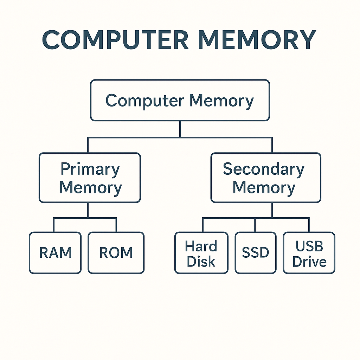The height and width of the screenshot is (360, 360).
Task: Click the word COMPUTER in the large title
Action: point(116,40)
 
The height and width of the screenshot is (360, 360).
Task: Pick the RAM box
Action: point(55,253)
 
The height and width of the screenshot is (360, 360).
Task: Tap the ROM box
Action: point(116,253)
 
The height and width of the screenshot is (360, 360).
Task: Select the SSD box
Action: point(255,253)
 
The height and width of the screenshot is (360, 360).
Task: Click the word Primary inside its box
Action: point(90,169)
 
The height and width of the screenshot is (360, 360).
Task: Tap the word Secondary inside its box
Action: point(263,169)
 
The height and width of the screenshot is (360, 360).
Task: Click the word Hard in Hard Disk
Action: point(201,246)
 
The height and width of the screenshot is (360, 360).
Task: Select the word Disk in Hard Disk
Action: point(201,262)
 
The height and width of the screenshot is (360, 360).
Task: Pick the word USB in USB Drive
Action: point(309,246)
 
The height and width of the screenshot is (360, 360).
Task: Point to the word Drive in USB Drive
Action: point(309,262)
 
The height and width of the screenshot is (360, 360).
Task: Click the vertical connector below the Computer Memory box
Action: point(180,129)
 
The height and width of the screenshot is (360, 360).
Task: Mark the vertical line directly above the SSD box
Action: point(255,225)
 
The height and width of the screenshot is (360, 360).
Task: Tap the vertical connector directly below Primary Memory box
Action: point(88,210)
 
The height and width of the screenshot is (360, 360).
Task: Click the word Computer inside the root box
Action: point(144,101)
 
